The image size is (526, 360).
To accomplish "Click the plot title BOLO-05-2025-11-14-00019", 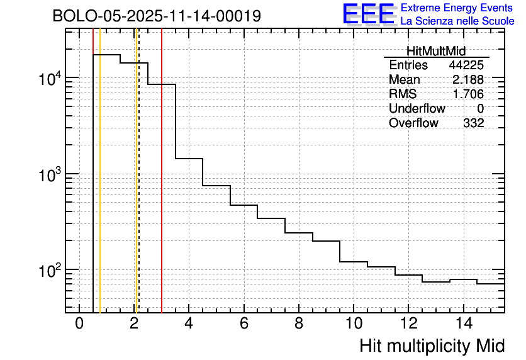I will (157, 16).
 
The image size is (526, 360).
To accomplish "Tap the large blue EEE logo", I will (368, 14).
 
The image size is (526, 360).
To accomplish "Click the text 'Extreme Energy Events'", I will (457, 8).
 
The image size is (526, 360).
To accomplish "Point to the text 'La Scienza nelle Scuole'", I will (457, 21).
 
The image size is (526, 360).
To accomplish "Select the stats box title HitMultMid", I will (436, 52).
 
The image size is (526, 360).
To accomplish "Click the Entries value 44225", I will (466, 65).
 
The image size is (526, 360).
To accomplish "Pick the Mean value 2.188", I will (468, 80).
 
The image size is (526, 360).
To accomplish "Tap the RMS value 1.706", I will (468, 94).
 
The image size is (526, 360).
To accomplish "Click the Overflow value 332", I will (473, 123).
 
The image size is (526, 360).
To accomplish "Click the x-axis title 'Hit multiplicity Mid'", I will (432, 346).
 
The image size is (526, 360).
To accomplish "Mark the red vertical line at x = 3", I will (162, 189).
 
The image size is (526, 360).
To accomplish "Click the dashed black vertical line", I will (138, 189).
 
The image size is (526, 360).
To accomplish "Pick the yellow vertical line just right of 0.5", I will (100, 189).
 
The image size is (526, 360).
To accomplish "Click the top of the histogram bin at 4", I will (189, 159).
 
